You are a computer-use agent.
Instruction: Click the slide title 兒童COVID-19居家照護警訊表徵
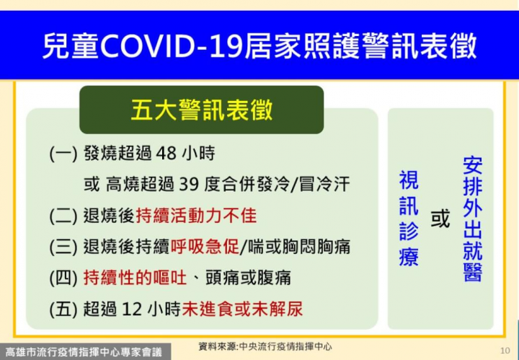259,46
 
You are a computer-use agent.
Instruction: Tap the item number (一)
63,154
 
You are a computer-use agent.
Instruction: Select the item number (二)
63,216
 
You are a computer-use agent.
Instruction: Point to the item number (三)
63,247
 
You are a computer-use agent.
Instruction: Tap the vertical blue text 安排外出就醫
472,219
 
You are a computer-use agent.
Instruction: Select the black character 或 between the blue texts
440,219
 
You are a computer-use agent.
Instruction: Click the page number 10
505,350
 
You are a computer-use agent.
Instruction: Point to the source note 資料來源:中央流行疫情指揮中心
265,347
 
